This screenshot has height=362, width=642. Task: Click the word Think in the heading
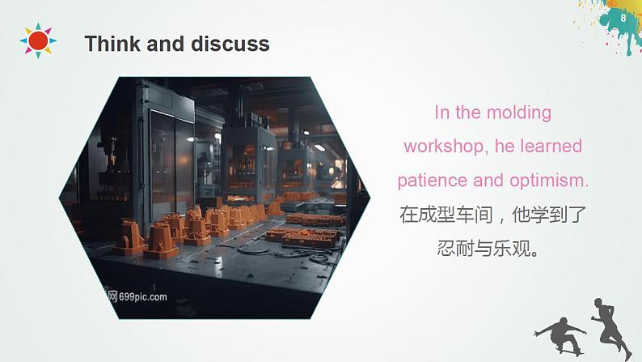pyautogui.click(x=112, y=44)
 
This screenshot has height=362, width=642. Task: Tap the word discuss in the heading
pyautogui.click(x=230, y=44)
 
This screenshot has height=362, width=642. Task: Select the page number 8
pyautogui.click(x=623, y=18)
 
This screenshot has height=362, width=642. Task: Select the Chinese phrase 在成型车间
pyautogui.click(x=441, y=215)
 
